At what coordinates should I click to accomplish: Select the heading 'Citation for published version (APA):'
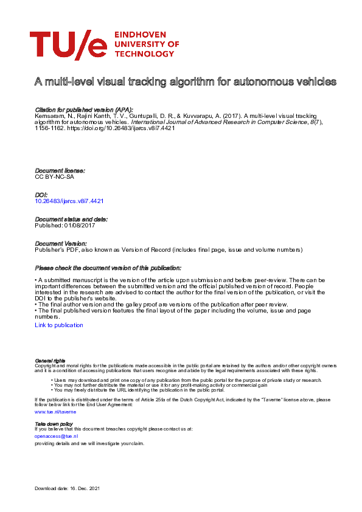coord(83,108)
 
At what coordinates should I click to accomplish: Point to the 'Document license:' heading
coord(60,171)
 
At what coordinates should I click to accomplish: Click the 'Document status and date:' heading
coord(71,219)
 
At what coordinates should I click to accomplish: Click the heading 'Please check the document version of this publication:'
coord(108,268)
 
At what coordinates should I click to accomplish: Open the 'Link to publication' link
coord(59,325)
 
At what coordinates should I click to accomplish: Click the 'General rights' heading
coord(50,361)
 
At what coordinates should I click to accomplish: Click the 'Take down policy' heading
coord(54,423)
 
